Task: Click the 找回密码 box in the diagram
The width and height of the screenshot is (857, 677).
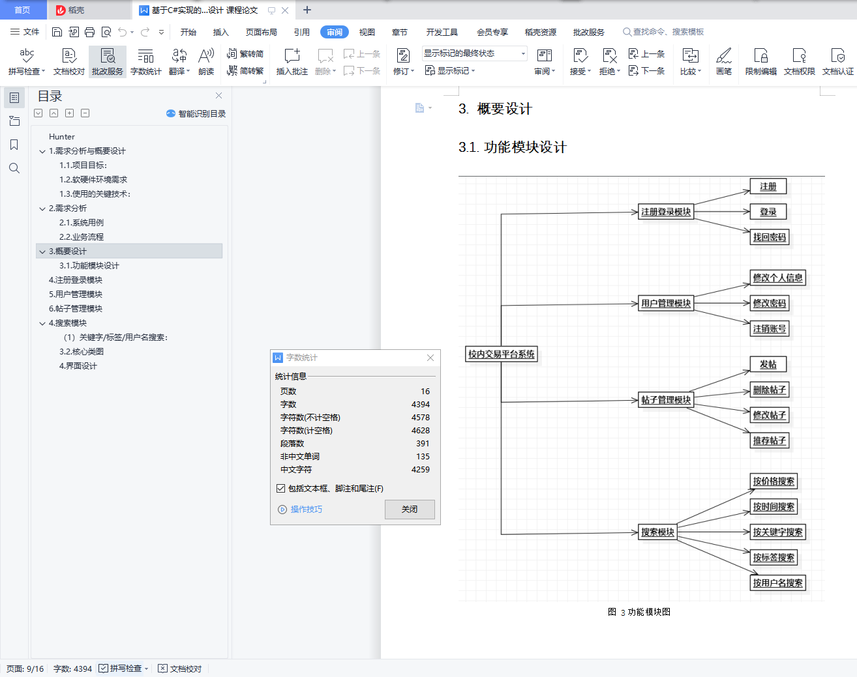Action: pos(770,237)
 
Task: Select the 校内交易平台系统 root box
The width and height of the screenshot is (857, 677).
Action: pos(502,354)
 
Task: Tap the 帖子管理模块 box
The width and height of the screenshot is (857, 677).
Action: pos(666,400)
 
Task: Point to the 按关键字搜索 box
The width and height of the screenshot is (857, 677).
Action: pos(777,532)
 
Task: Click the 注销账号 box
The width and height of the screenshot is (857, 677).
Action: pos(770,328)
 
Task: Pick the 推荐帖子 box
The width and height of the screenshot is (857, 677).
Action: pos(770,440)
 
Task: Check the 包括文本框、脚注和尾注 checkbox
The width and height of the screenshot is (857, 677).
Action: pos(281,488)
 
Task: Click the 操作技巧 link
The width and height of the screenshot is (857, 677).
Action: pos(306,510)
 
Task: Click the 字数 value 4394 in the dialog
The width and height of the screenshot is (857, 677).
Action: pos(421,405)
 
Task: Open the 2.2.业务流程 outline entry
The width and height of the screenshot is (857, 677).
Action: pos(82,237)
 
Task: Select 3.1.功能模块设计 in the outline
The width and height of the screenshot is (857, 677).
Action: pos(89,266)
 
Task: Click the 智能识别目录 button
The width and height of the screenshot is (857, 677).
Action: pos(196,113)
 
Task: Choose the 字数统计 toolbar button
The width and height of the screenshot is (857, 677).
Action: pos(146,62)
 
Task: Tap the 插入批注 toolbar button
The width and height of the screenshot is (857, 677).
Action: pos(292,62)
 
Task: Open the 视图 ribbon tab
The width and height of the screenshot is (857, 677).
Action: pos(367,32)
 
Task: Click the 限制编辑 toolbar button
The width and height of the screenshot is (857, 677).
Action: pos(760,62)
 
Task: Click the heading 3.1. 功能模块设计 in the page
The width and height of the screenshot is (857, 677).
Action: pos(513,147)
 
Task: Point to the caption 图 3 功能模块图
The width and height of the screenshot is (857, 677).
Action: pos(639,612)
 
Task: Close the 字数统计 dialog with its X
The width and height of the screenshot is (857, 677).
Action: pos(430,358)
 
